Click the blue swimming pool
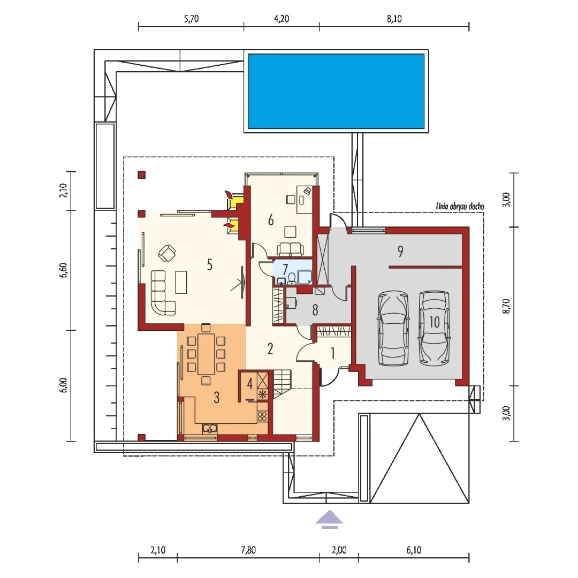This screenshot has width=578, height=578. pyautogui.click(x=336, y=91)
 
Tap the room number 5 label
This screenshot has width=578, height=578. pyautogui.click(x=209, y=265)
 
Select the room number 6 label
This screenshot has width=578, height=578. pyautogui.click(x=271, y=220)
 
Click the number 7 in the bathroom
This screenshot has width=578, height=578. pyautogui.click(x=285, y=269)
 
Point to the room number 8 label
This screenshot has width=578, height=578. pyautogui.click(x=315, y=310)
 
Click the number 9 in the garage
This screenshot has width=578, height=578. pyautogui.click(x=400, y=252)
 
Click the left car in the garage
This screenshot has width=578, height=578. pyautogui.click(x=393, y=328)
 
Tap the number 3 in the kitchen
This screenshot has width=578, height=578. pyautogui.click(x=216, y=397)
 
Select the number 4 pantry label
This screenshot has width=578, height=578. pyautogui.click(x=250, y=384)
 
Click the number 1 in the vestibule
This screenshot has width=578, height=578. pyautogui.click(x=332, y=353)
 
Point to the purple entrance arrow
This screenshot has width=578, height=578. pyautogui.click(x=329, y=518)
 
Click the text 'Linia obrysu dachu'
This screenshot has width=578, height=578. pyautogui.click(x=460, y=206)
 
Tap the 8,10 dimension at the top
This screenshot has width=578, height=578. pyautogui.click(x=394, y=19)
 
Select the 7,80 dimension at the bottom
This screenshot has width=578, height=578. pyautogui.click(x=248, y=550)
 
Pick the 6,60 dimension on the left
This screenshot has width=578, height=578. pyautogui.click(x=63, y=270)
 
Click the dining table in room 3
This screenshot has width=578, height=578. pyautogui.click(x=206, y=354)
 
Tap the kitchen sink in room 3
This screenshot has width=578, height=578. pyautogui.click(x=209, y=428)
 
